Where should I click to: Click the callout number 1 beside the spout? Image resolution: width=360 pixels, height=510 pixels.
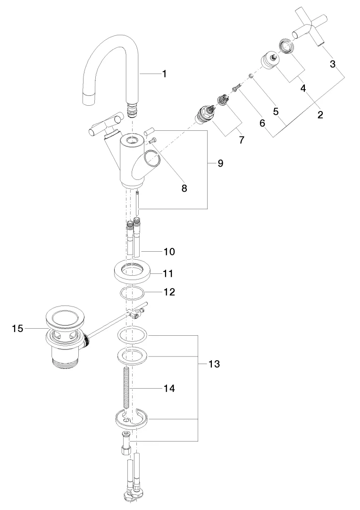point(164,74)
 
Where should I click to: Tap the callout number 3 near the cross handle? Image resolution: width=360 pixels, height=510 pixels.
point(333,64)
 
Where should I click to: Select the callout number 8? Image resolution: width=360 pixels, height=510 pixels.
point(184,188)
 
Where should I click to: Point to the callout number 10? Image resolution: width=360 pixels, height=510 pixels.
point(169,252)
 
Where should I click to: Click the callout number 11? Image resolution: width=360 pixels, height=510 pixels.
point(168,273)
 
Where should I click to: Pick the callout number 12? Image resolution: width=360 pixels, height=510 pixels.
point(169,292)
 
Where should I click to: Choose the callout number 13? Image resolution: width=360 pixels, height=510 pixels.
point(214,365)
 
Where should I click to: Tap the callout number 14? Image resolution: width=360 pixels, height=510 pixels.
point(169,389)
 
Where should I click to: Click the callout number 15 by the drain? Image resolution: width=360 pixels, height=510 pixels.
point(17,329)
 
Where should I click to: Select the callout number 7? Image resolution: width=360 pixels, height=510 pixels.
point(242,140)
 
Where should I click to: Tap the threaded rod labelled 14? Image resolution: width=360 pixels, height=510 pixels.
point(126,388)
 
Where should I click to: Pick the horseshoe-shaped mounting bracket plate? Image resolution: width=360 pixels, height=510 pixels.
point(132,417)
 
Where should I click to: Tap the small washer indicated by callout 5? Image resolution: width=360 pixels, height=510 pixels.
point(252,76)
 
